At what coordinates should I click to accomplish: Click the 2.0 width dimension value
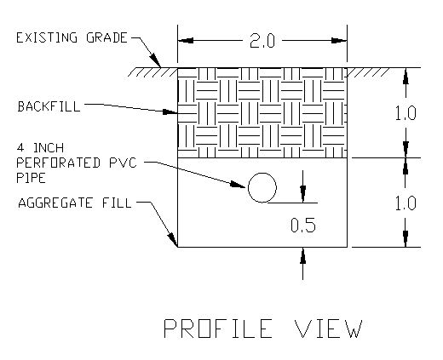[x=262, y=41]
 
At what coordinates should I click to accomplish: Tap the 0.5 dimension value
[x=303, y=226]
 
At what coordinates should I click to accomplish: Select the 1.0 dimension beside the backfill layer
[x=406, y=113]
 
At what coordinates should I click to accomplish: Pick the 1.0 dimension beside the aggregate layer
[x=406, y=203]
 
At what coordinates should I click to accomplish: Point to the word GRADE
[x=106, y=37]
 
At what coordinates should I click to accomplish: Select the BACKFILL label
[x=49, y=106]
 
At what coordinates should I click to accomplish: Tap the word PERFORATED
[x=58, y=163]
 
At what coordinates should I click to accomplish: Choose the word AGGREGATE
[x=55, y=203]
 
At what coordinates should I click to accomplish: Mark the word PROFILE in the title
[x=218, y=329]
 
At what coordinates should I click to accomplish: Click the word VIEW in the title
[x=329, y=329]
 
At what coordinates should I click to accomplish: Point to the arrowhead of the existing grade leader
[x=156, y=60]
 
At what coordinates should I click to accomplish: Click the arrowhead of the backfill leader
[x=170, y=112]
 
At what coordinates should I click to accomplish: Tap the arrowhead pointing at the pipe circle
[x=238, y=185]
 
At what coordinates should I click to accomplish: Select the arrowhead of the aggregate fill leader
[x=173, y=240]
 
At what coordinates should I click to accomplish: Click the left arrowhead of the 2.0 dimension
[x=186, y=41]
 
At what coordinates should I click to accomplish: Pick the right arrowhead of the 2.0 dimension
[x=339, y=41]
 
